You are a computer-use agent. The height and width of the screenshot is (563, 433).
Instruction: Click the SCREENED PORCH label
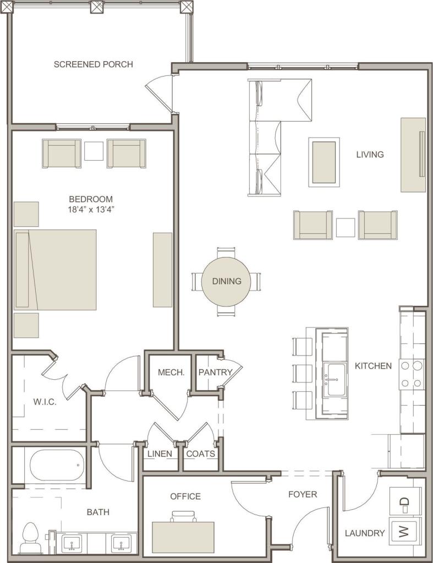pos(93,64)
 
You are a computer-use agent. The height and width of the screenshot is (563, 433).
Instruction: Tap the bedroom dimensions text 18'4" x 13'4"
pos(91,209)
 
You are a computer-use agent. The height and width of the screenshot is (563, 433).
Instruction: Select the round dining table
pos(227,281)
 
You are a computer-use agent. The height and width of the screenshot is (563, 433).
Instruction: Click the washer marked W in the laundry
pos(404,532)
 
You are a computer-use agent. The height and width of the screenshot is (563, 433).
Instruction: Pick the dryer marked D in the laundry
pos(404,501)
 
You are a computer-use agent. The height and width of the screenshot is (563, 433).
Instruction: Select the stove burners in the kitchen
pos(412,374)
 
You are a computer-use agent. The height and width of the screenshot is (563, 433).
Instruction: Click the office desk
pos(183,537)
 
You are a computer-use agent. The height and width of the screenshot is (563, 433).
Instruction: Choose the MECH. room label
pos(171,373)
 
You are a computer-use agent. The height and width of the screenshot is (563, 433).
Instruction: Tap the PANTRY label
pos(215,373)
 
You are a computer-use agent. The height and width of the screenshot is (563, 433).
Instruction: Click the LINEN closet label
pos(160,454)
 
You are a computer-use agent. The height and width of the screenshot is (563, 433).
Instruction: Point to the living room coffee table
pos(324,162)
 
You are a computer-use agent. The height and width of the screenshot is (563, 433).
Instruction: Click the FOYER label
pos(303,494)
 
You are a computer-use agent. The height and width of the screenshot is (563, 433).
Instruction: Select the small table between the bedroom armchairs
pos(94,151)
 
